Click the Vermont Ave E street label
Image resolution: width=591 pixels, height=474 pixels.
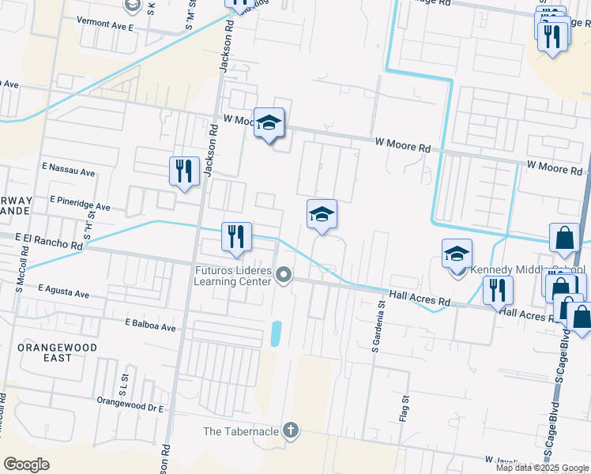pyautogui.click(x=105, y=25)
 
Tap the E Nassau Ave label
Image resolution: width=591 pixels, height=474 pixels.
pyautogui.click(x=68, y=169)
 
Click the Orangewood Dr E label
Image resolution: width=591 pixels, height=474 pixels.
pyautogui.click(x=130, y=408)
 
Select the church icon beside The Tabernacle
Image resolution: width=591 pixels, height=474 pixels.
pyautogui.click(x=291, y=431)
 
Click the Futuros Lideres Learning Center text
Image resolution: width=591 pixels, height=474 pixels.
pyautogui.click(x=234, y=276)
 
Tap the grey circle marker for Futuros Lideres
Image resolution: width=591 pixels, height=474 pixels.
pyautogui.click(x=285, y=275)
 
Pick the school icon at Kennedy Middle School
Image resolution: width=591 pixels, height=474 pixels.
pyautogui.click(x=457, y=255)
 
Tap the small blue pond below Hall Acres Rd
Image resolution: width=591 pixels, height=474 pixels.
pyautogui.click(x=275, y=333)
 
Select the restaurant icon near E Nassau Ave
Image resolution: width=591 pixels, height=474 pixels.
pyautogui.click(x=183, y=171)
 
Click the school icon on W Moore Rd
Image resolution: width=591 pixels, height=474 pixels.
pyautogui.click(x=269, y=123)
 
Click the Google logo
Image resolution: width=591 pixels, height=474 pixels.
pyautogui.click(x=26, y=465)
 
